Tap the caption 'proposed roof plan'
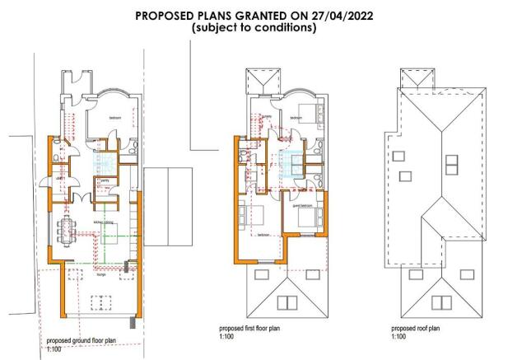[416, 328]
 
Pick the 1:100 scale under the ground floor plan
[54, 350]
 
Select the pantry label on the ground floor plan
[104, 180]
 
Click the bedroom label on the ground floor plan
[115, 119]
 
